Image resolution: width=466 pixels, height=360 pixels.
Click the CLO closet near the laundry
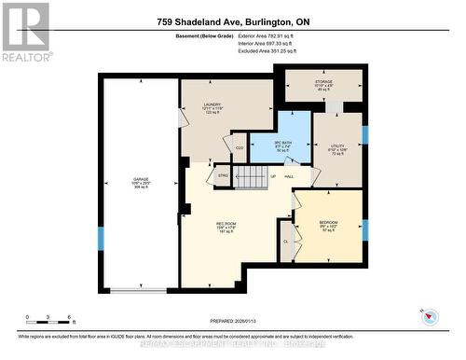240,147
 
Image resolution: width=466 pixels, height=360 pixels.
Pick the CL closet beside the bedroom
286,241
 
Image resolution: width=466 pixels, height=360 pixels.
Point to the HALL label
289,176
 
